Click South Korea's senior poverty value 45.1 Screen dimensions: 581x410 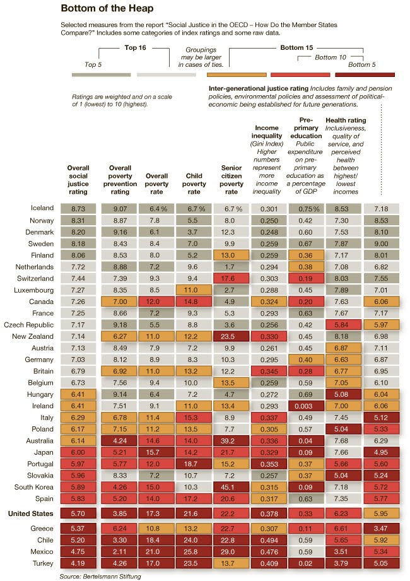(x=231, y=488)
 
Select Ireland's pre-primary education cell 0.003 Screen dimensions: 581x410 (x=307, y=406)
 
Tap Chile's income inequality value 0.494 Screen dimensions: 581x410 (x=269, y=539)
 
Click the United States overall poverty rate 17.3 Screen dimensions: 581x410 (x=156, y=514)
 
